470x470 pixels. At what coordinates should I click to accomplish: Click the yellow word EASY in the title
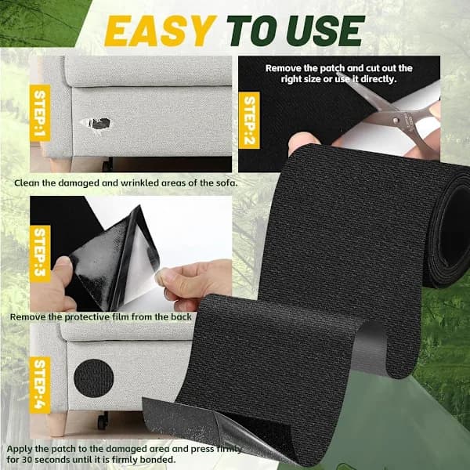pyautogui.click(x=160, y=31)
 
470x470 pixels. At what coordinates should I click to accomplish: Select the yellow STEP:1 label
pyautogui.click(x=40, y=113)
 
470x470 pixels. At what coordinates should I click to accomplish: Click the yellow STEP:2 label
pyautogui.click(x=249, y=120)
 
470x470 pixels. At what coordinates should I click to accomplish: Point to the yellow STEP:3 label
pyautogui.click(x=40, y=254)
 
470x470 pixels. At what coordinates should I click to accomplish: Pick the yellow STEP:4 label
pyautogui.click(x=40, y=385)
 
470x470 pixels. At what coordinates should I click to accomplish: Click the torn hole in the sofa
pyautogui.click(x=96, y=123)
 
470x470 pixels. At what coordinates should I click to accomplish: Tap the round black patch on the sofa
pyautogui.click(x=93, y=378)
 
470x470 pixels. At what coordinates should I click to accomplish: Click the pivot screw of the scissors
pyautogui.click(x=396, y=121)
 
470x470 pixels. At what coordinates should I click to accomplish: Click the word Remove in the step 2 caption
pyautogui.click(x=284, y=68)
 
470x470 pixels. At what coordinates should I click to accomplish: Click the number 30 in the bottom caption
pyautogui.click(x=26, y=460)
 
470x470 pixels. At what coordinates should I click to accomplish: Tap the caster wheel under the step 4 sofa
pyautogui.click(x=103, y=420)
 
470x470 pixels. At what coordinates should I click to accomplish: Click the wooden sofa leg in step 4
pyautogui.click(x=56, y=423)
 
